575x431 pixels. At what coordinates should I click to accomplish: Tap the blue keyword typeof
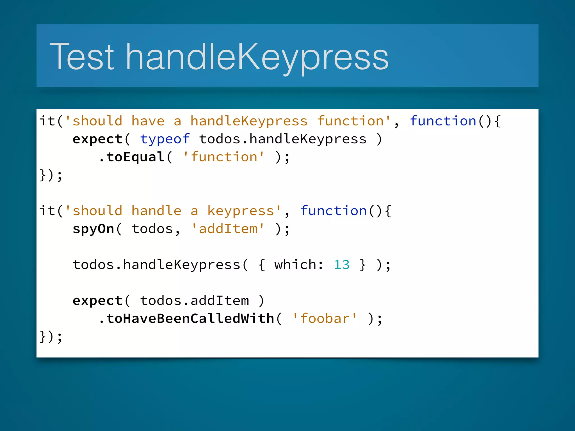pyautogui.click(x=165, y=139)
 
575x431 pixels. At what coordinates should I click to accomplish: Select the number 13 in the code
pyautogui.click(x=341, y=265)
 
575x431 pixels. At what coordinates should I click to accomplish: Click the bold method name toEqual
pyautogui.click(x=135, y=157)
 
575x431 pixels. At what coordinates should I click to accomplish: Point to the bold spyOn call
pyautogui.click(x=93, y=229)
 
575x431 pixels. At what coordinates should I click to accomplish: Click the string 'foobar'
pyautogui.click(x=325, y=319)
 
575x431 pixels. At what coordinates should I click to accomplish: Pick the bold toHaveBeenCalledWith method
pyautogui.click(x=190, y=319)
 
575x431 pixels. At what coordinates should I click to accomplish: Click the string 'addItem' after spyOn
pyautogui.click(x=228, y=229)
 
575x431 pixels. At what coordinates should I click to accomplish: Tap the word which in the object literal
pyautogui.click(x=295, y=265)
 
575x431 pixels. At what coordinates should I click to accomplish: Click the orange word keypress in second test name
pyautogui.click(x=241, y=211)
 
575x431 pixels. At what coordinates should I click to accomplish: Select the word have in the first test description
pyautogui.click(x=148, y=121)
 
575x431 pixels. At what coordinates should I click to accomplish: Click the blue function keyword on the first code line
pyautogui.click(x=443, y=121)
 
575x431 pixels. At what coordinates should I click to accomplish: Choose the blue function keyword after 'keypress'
pyautogui.click(x=334, y=211)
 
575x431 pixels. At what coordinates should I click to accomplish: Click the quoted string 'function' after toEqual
pyautogui.click(x=224, y=157)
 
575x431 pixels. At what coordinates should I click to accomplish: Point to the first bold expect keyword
pyautogui.click(x=97, y=139)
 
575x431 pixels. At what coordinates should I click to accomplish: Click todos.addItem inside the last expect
pyautogui.click(x=194, y=301)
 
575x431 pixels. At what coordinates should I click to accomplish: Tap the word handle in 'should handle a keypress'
pyautogui.click(x=156, y=211)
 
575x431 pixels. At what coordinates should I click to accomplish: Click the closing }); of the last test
pyautogui.click(x=51, y=337)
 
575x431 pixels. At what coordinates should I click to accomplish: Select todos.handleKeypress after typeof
pyautogui.click(x=283, y=139)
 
